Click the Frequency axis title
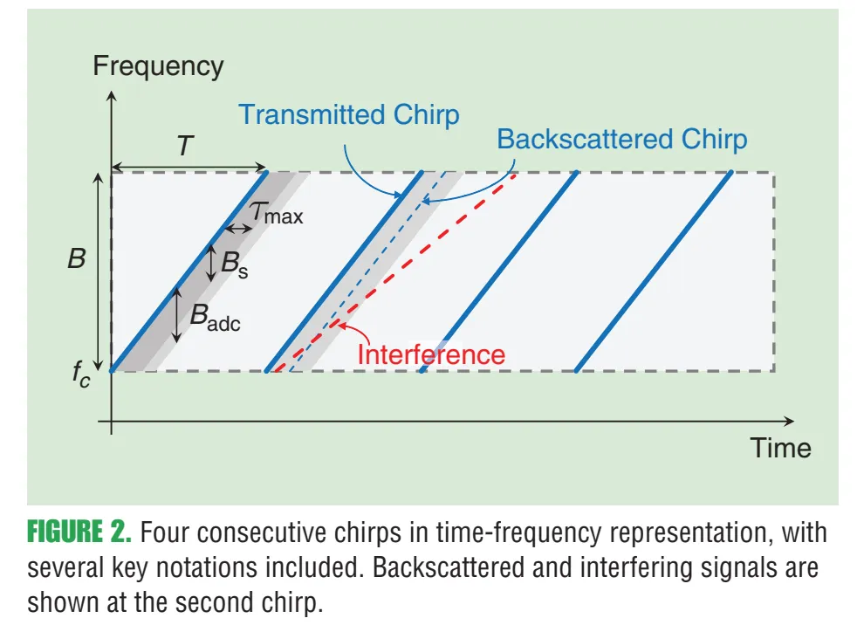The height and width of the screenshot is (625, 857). pos(158,66)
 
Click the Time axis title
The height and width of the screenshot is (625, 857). pos(781,449)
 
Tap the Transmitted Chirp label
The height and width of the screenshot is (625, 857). pos(349,115)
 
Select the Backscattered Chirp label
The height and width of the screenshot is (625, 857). pos(622,140)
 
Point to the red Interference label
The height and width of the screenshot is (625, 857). pos(431,354)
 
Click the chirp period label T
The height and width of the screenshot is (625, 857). pos(185,146)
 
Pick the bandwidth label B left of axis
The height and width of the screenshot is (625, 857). pos(77,259)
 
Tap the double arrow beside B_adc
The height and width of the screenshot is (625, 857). pos(177,315)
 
